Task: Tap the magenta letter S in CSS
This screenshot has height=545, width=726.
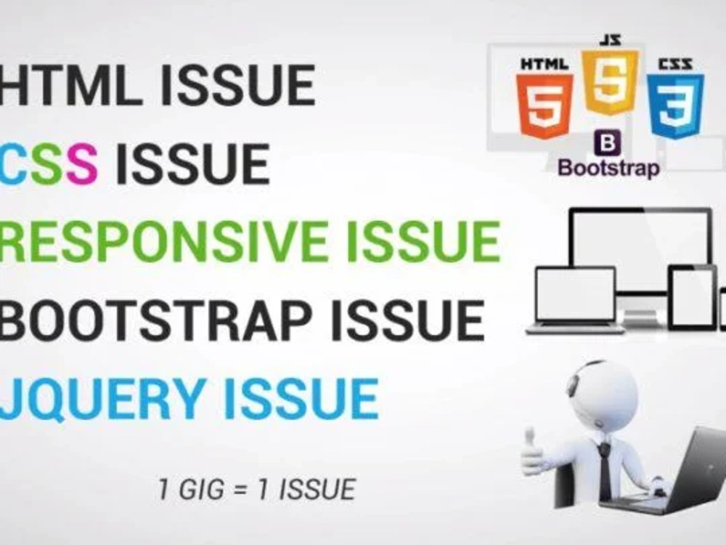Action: tap(82, 164)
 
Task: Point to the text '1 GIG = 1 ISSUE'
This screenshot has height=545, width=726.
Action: tap(256, 489)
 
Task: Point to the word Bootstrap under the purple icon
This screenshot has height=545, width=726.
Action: tap(608, 169)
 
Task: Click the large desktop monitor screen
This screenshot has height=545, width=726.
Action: tap(640, 246)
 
